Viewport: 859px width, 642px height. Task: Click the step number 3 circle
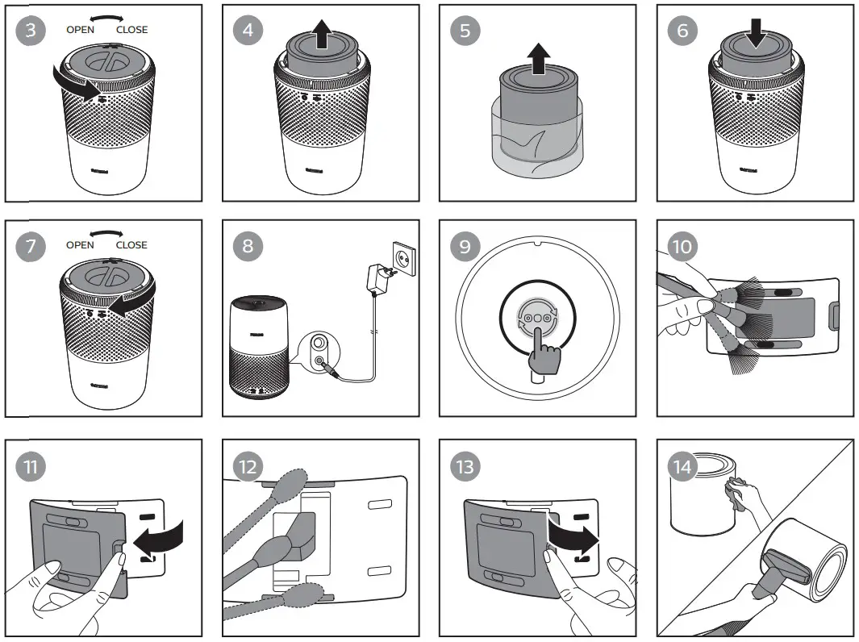(x=30, y=31)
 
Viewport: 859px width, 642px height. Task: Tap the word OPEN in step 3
(x=80, y=30)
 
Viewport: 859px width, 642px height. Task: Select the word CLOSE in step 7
(x=131, y=244)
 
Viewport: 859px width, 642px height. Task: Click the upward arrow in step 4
(x=322, y=35)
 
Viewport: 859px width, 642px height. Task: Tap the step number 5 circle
(x=465, y=31)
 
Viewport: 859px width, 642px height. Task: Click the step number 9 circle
(x=465, y=246)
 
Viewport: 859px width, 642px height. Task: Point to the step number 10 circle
(x=682, y=246)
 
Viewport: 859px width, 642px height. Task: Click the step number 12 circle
(x=248, y=465)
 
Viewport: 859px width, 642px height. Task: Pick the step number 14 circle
(x=682, y=465)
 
